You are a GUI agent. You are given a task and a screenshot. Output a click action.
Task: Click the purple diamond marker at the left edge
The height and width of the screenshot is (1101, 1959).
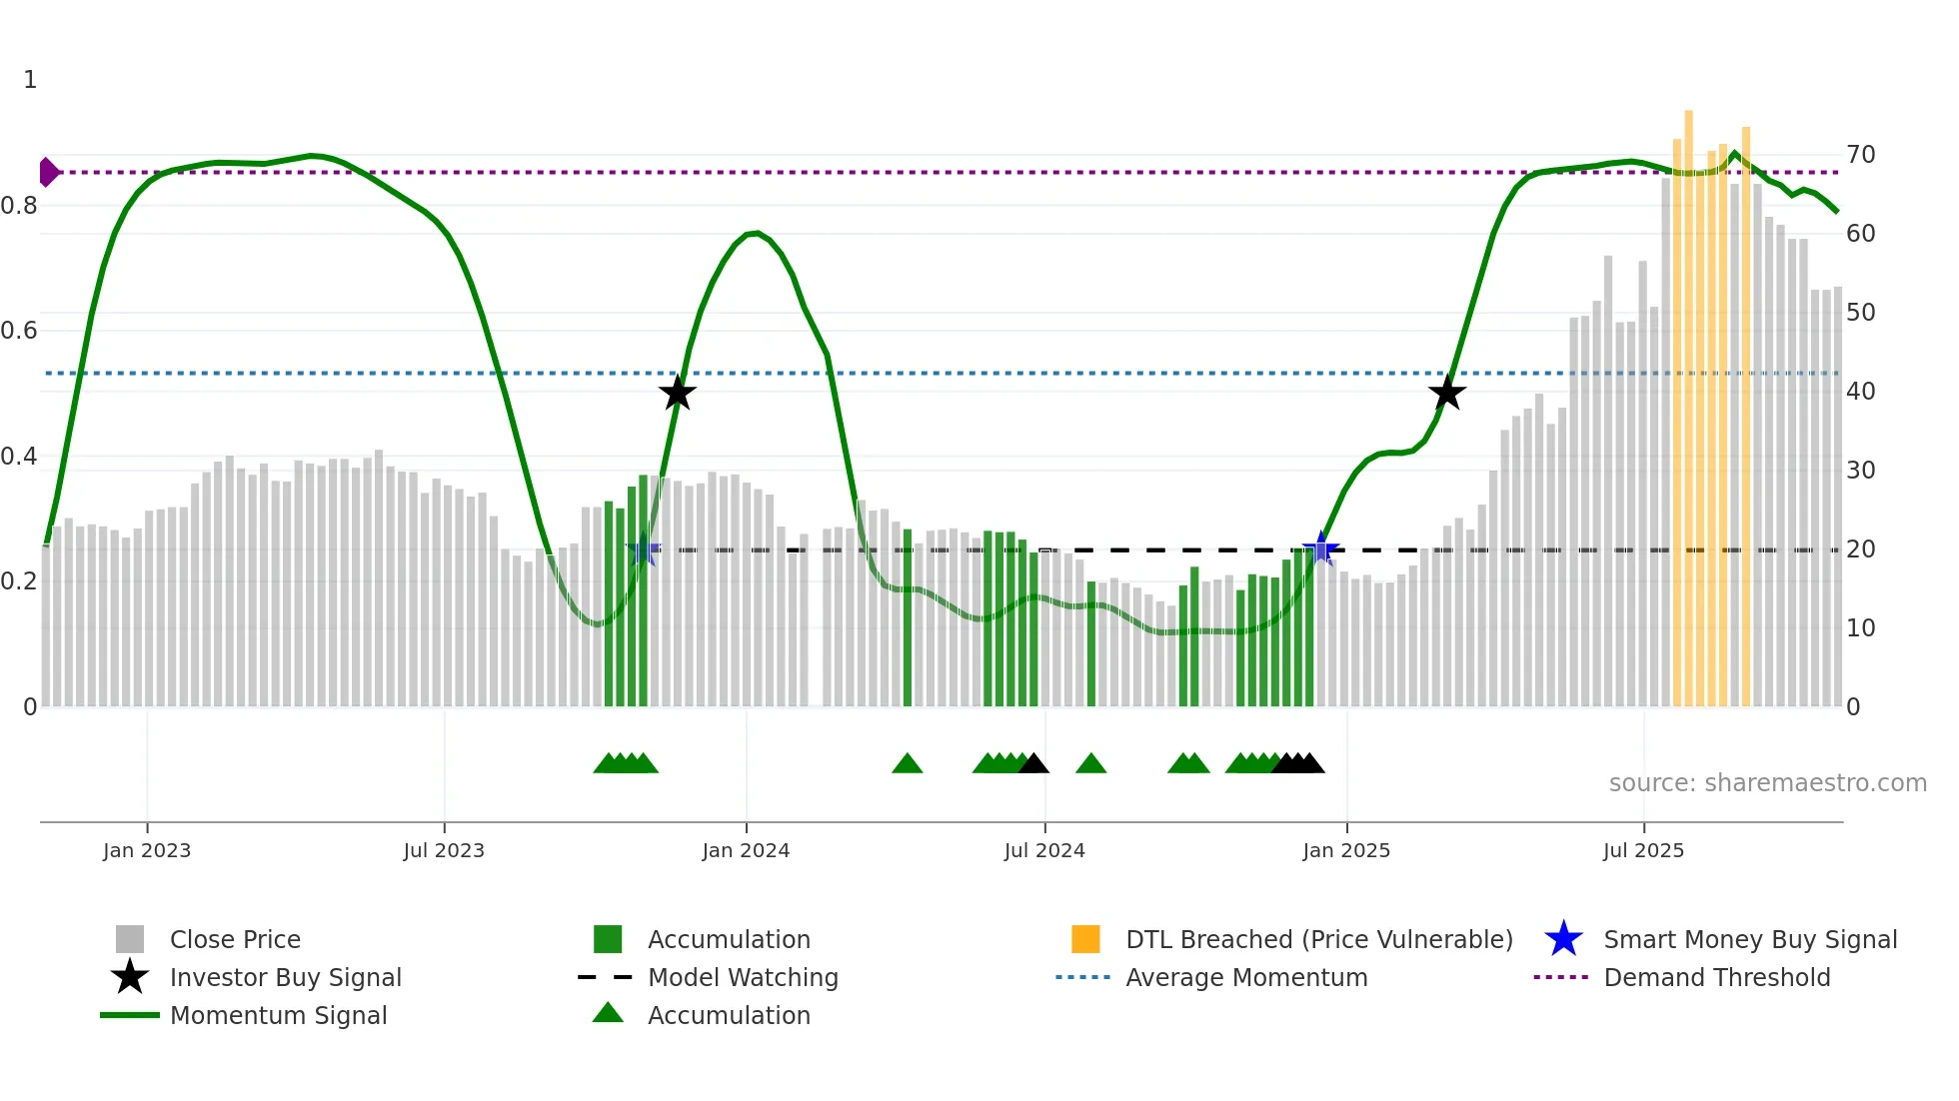coord(48,172)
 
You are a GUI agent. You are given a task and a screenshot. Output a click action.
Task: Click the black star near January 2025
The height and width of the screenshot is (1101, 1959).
coord(1446,393)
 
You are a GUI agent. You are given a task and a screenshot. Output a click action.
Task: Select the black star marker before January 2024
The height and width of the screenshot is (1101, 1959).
coord(677,393)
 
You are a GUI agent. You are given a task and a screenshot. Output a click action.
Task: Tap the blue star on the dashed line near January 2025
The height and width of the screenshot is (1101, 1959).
coord(1320,550)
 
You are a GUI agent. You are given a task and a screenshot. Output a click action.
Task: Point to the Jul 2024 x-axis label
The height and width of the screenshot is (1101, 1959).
coord(1044,850)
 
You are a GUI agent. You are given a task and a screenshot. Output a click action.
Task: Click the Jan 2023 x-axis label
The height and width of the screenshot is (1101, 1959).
coord(147,850)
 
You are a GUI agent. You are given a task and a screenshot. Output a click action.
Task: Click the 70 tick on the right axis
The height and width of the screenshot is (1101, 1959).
coord(1860,155)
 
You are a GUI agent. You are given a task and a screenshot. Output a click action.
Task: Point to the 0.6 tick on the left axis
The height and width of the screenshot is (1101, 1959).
coord(19,331)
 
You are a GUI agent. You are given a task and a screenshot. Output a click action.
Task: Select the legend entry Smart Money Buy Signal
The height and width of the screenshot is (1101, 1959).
coord(1749,939)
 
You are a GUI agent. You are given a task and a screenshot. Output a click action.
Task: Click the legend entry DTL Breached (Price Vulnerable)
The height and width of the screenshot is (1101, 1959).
coord(1318,939)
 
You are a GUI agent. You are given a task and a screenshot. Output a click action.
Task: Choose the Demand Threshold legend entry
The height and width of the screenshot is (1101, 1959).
coord(1716,977)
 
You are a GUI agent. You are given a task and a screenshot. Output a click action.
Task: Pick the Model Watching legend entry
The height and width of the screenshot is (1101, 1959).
coord(743,977)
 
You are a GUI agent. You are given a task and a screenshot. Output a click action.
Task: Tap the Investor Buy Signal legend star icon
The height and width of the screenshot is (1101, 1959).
coord(130,977)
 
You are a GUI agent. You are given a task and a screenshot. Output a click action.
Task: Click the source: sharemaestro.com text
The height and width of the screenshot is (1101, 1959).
coord(1767,783)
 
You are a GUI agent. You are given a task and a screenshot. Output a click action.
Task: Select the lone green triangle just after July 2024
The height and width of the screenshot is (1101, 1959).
coord(1090,764)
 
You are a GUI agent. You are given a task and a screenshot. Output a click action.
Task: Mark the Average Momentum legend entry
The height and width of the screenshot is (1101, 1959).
coord(1246,977)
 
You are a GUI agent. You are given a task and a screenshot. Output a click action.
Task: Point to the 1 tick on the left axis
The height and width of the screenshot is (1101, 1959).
coord(30,80)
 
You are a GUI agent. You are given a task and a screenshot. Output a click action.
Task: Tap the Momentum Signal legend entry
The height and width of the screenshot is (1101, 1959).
coord(278,1015)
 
